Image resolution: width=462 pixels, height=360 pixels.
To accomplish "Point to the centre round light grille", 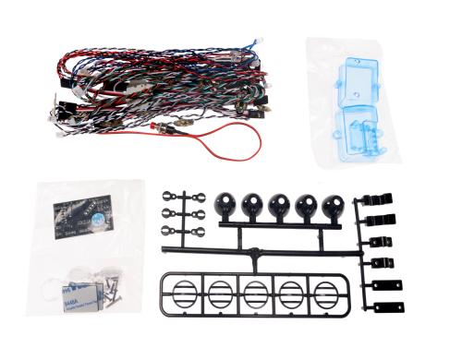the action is click(255, 295).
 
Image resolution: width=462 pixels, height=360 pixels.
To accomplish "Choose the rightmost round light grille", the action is click(325, 295).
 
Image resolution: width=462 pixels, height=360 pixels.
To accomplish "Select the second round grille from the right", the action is click(291, 295).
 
